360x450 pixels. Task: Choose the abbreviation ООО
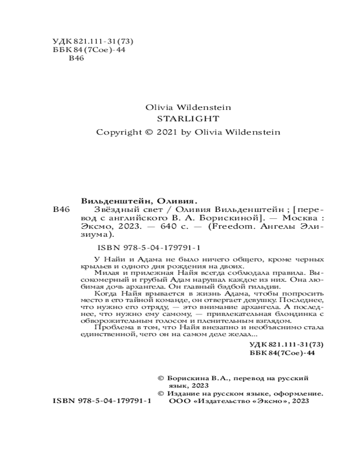point(180,401)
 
